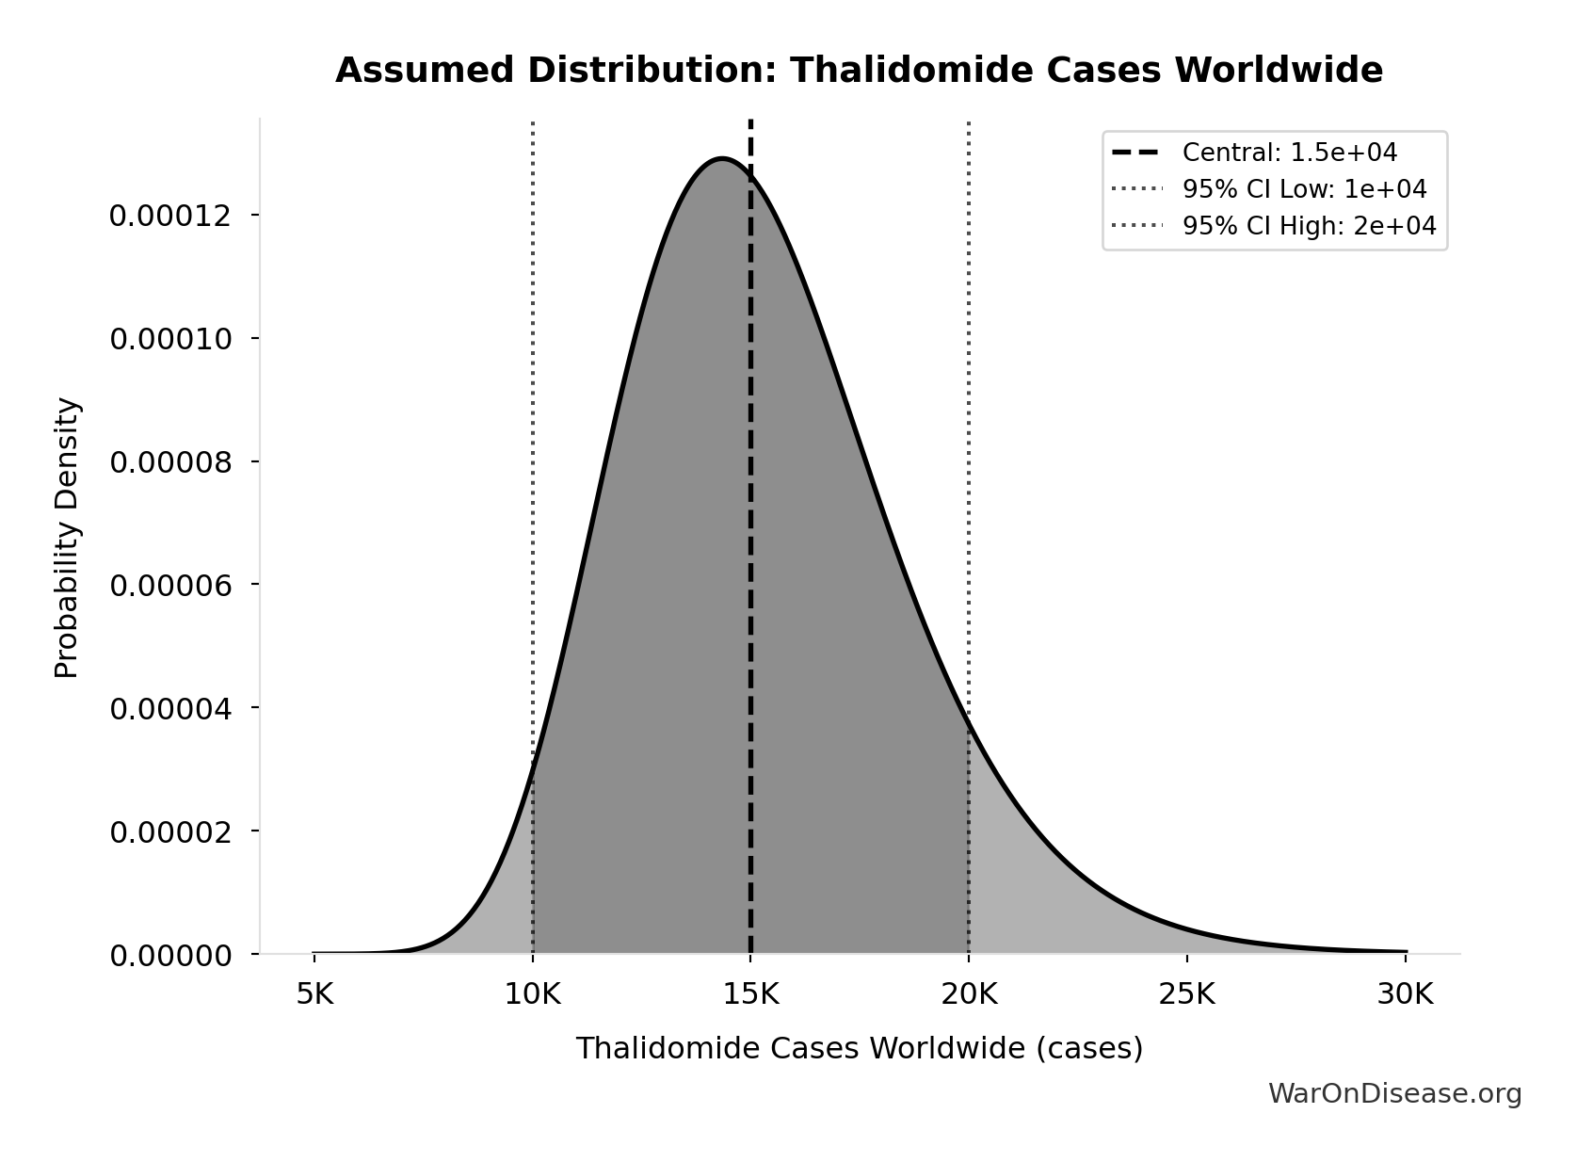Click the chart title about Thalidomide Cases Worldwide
[859, 71]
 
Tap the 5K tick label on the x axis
[314, 994]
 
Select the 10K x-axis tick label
[533, 994]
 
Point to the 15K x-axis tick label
[750, 994]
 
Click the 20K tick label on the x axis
[969, 994]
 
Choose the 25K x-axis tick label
[1187, 994]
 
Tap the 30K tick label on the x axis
[1405, 994]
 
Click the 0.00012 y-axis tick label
[170, 216]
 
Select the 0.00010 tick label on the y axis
[170, 339]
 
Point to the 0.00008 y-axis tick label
[170, 462]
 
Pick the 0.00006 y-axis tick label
[170, 586]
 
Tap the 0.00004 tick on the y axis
[170, 708]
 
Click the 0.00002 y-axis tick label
[170, 831]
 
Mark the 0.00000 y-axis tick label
[170, 956]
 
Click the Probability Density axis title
[68, 538]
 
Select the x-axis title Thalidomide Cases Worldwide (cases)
[859, 1048]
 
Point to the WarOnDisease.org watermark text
[1394, 1093]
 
